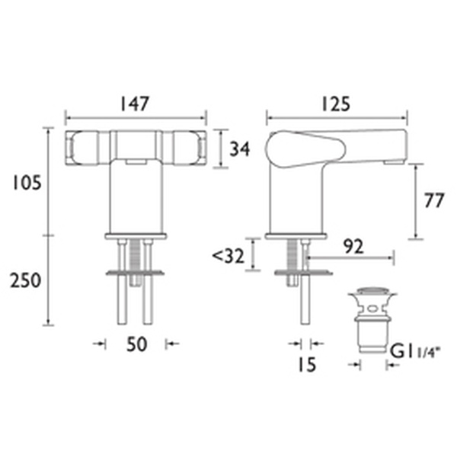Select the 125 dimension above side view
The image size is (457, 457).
point(335,104)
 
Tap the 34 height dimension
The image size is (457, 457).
point(239,149)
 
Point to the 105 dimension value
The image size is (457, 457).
point(25,183)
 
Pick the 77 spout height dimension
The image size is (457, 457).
point(433,201)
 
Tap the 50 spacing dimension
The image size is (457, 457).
point(136,344)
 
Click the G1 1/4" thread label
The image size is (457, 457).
point(416,351)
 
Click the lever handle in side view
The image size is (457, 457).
point(305,144)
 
